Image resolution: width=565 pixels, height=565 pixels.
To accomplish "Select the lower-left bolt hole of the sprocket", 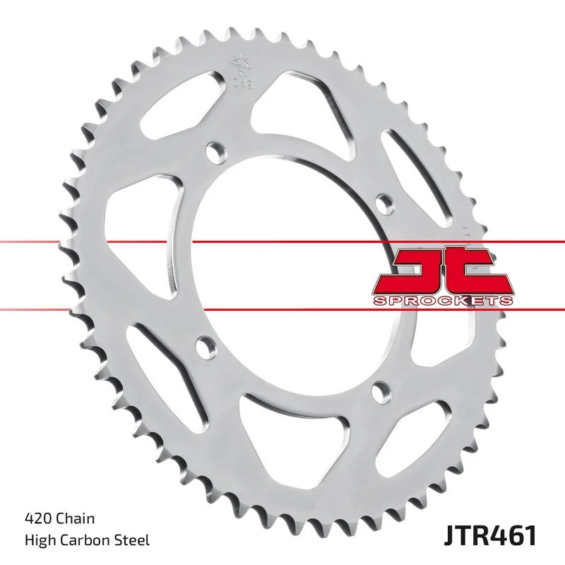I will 203,346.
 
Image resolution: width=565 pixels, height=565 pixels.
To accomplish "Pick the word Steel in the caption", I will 133,540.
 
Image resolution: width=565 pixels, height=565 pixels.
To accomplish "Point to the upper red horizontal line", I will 141,242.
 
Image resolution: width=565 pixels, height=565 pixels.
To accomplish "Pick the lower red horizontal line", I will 141,308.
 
